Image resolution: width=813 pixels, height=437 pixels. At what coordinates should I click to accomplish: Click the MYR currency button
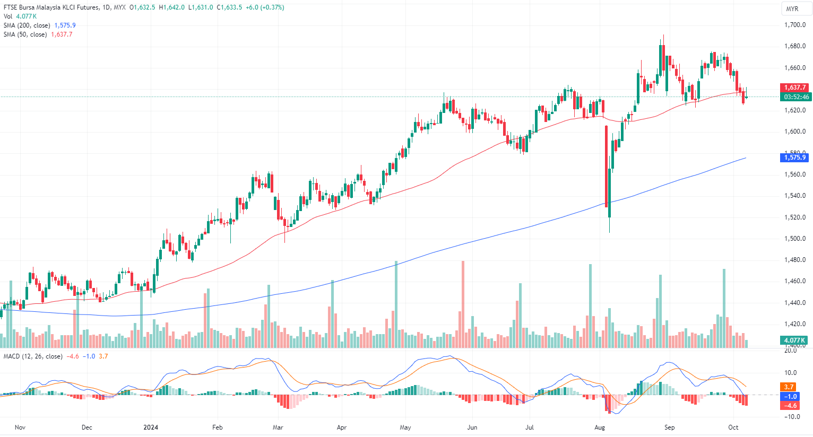point(792,9)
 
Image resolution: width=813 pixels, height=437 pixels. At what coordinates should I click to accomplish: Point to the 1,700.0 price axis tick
point(794,25)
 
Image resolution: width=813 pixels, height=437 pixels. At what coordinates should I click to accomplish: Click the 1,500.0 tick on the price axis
point(794,239)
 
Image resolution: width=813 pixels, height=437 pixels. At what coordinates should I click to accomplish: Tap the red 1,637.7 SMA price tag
point(795,88)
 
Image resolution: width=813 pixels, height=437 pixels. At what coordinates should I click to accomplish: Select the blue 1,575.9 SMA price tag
point(795,158)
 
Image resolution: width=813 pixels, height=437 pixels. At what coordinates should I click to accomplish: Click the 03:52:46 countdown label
point(797,97)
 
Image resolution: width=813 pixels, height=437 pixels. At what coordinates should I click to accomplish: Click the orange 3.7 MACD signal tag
point(789,387)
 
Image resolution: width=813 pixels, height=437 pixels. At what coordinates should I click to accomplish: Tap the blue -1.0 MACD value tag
point(791,397)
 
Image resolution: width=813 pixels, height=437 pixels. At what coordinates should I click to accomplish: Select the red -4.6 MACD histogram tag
point(791,406)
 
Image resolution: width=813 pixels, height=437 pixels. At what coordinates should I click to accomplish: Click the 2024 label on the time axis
point(151,427)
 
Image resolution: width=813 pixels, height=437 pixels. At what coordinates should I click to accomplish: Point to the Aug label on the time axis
point(600,427)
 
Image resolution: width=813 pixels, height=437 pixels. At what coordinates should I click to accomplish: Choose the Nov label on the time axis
point(20,427)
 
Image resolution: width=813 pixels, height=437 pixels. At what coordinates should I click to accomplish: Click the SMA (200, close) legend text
point(27,25)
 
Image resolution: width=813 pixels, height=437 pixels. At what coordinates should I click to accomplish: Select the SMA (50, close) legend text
point(25,34)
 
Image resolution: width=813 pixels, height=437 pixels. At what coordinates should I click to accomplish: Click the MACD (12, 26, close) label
point(33,356)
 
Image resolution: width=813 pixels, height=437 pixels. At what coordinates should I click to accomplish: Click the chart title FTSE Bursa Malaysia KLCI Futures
point(51,7)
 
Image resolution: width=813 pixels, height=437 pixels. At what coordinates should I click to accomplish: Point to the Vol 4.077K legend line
point(20,16)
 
